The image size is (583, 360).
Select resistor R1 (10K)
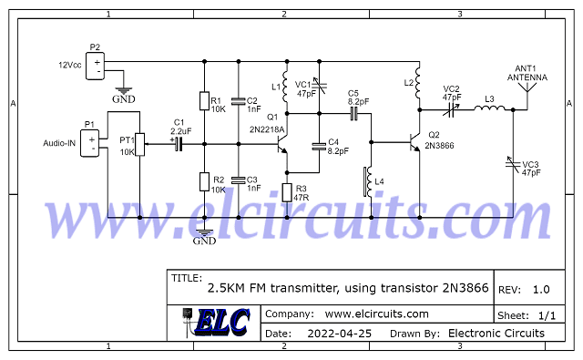[204, 101]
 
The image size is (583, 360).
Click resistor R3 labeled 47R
[287, 192]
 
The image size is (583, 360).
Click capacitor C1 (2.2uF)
[179, 143]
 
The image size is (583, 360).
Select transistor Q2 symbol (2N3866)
[414, 143]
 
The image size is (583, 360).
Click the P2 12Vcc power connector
[97, 66]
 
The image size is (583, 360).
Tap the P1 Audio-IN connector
[91, 143]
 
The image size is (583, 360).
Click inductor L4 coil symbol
[369, 181]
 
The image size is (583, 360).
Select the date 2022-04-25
[341, 334]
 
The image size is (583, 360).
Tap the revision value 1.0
[540, 289]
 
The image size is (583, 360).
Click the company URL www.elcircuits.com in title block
[376, 314]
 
